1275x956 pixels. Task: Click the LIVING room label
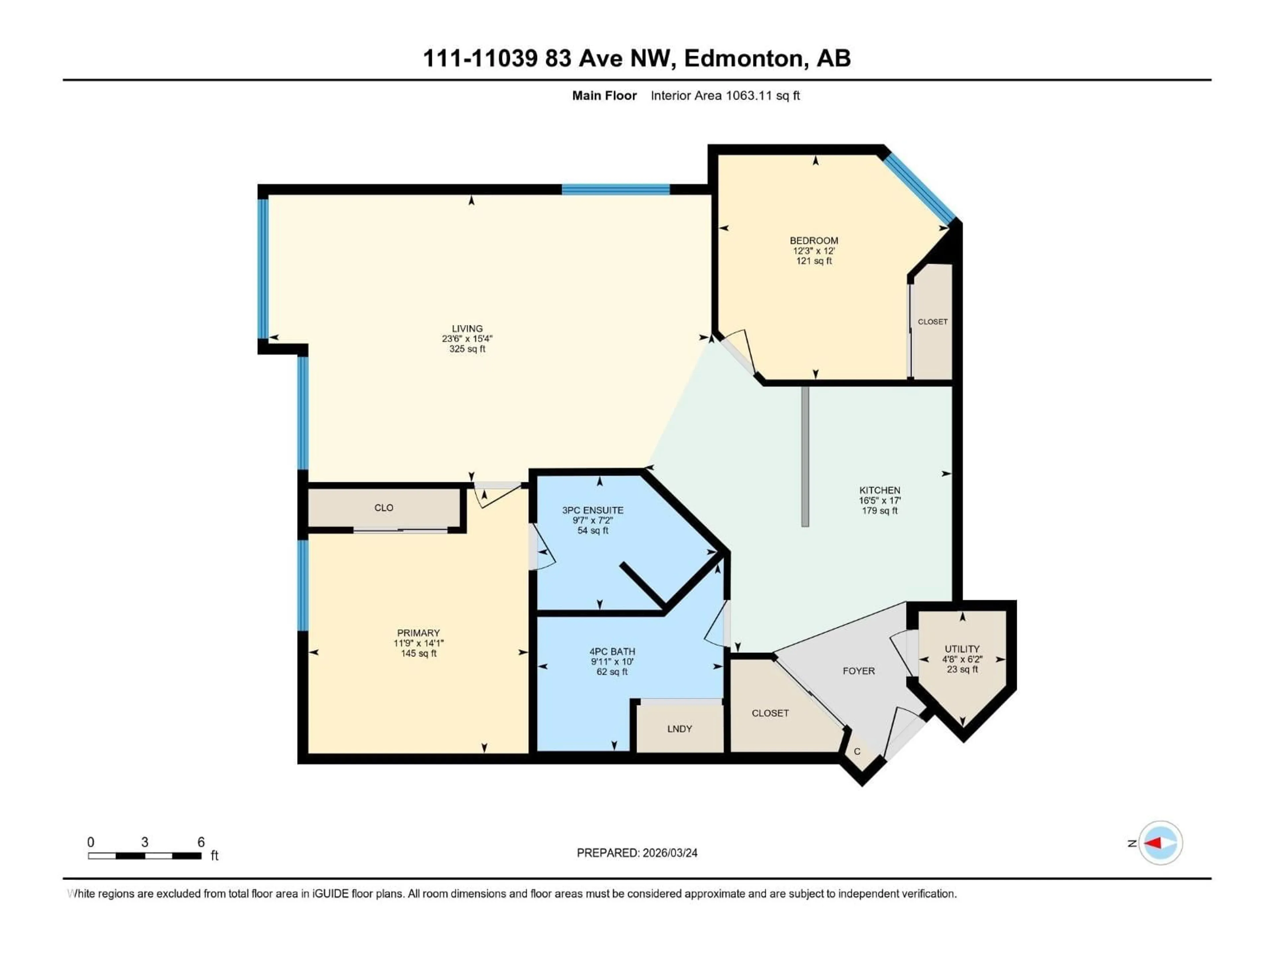pos(467,329)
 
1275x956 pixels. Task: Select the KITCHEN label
pos(879,490)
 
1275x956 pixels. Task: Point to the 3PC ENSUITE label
pos(593,510)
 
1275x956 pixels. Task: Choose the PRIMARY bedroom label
pos(418,633)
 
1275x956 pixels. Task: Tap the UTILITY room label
pos(962,649)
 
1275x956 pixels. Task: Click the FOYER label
pos(858,671)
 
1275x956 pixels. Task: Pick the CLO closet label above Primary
pos(384,508)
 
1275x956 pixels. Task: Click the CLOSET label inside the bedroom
pos(932,322)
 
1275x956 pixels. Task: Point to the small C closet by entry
pos(857,752)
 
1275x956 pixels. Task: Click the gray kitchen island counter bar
pos(805,455)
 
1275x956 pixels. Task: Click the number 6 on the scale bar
pos(201,842)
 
